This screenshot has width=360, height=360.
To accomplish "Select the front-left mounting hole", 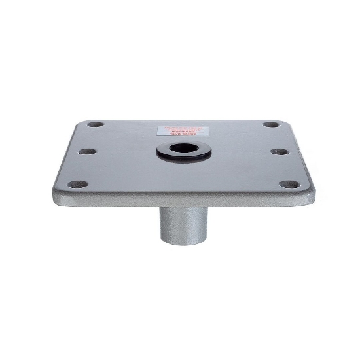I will point(77,184).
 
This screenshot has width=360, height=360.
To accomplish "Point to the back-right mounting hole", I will point(269,124).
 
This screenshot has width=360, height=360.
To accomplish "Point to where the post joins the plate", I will point(181,206).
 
